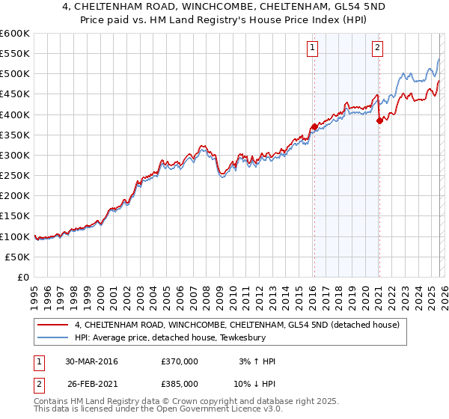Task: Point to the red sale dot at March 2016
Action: pos(314,126)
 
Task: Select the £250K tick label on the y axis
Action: pos(15,175)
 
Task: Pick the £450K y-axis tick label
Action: pos(15,94)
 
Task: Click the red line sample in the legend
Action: pos(52,325)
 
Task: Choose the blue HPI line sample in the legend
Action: pos(52,337)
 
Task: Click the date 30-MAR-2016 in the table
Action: pos(91,361)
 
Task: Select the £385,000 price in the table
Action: pos(180,384)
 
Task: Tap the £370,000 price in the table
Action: pos(180,361)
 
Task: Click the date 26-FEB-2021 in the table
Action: pos(91,384)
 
